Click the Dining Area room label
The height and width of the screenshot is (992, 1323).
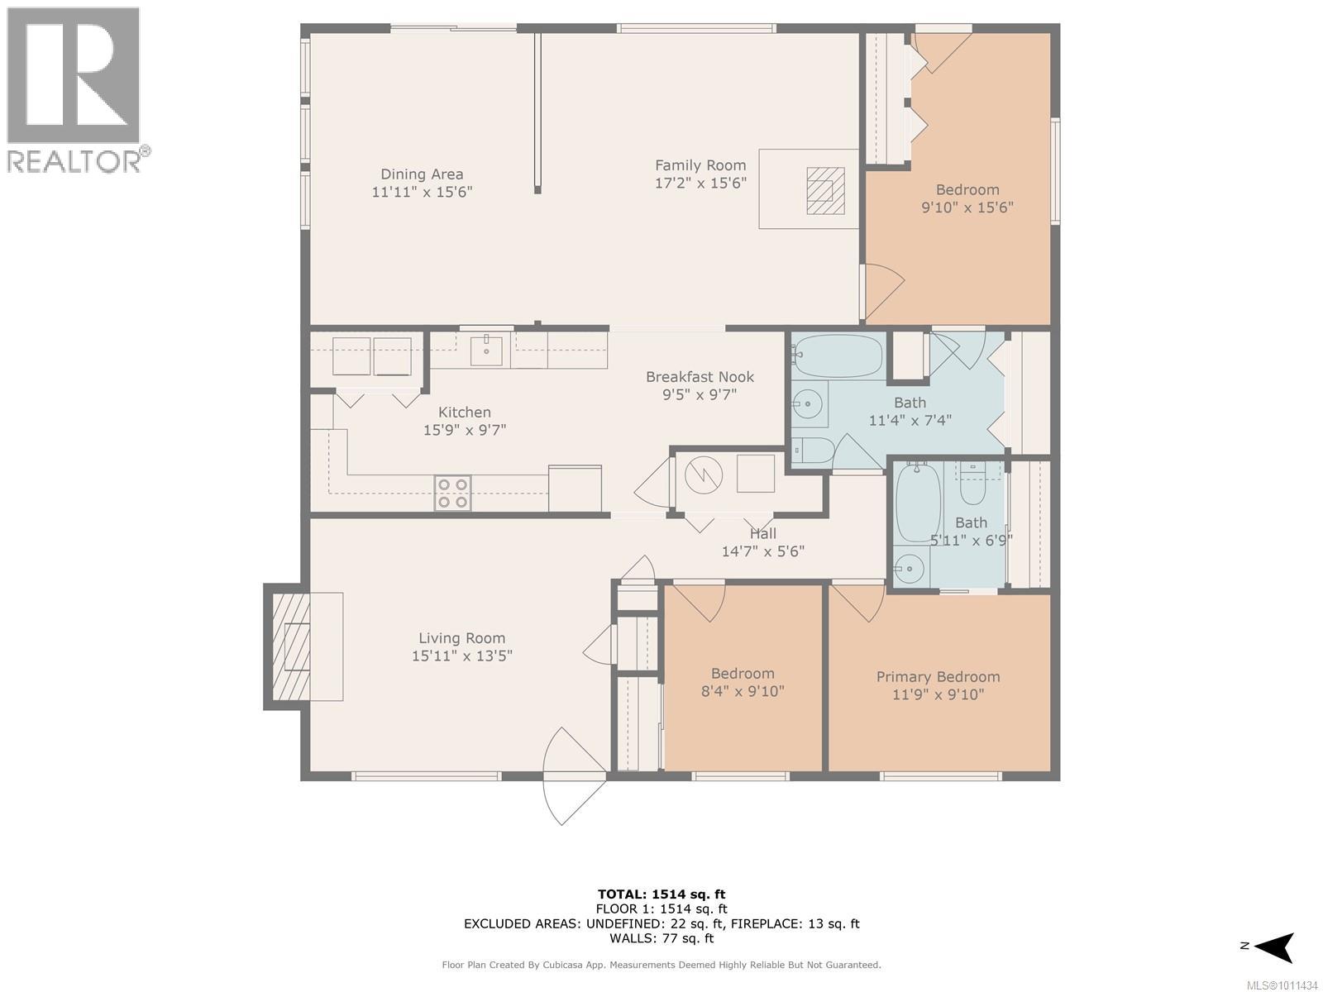(x=422, y=174)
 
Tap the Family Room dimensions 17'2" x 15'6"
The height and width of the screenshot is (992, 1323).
(x=700, y=183)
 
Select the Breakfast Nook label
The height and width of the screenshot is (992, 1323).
(x=700, y=377)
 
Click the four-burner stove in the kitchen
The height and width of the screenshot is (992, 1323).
(x=452, y=494)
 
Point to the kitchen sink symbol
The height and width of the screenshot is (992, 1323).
(x=486, y=352)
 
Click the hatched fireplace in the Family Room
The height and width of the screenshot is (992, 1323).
(x=826, y=190)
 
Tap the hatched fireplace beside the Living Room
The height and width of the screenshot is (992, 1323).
(x=292, y=647)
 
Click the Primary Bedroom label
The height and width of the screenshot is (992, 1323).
(x=938, y=677)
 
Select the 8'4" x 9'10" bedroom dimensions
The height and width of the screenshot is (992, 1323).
(x=743, y=691)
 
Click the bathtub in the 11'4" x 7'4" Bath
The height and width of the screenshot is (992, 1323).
(x=838, y=355)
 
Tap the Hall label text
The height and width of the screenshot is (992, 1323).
(x=763, y=534)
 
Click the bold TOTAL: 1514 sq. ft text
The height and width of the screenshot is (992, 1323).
(x=661, y=894)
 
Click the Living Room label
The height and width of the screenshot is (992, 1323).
(x=462, y=638)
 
